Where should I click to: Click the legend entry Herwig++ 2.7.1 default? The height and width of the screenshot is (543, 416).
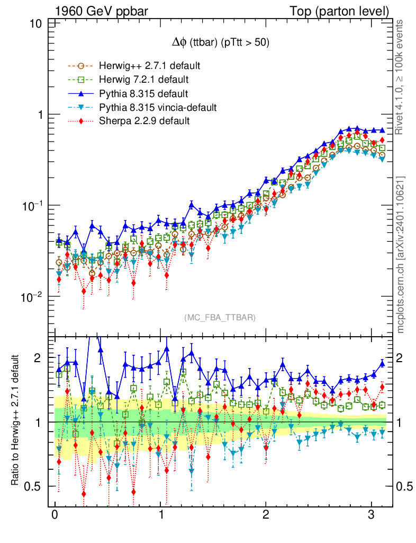click(149, 66)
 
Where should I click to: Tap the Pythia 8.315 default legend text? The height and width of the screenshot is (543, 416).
click(143, 94)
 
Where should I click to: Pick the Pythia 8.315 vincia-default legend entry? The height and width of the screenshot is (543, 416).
click(158, 108)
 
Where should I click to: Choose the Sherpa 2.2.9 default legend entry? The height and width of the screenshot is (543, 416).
click(144, 121)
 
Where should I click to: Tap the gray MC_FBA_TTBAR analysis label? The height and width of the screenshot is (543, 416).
click(220, 318)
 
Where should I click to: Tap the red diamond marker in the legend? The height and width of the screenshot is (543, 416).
click(81, 121)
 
